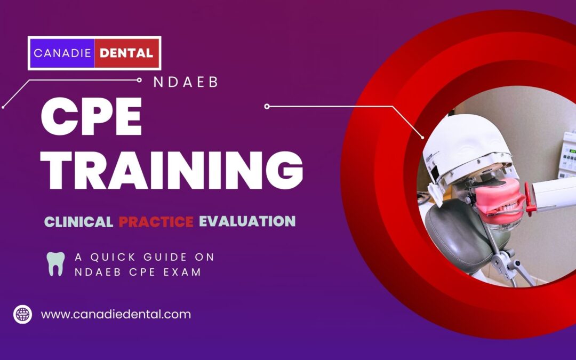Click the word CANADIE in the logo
tap(61, 53)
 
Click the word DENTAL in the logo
tap(127, 53)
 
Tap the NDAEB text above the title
tap(186, 83)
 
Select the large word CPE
tap(92, 118)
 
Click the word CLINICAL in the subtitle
tap(78, 221)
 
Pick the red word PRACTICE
tap(156, 221)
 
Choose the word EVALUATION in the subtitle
tap(247, 221)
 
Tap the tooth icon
tap(55, 263)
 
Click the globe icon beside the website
tap(23, 314)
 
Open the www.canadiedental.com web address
tap(116, 314)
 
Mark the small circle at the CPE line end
tap(267, 107)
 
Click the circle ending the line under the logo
tap(139, 80)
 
